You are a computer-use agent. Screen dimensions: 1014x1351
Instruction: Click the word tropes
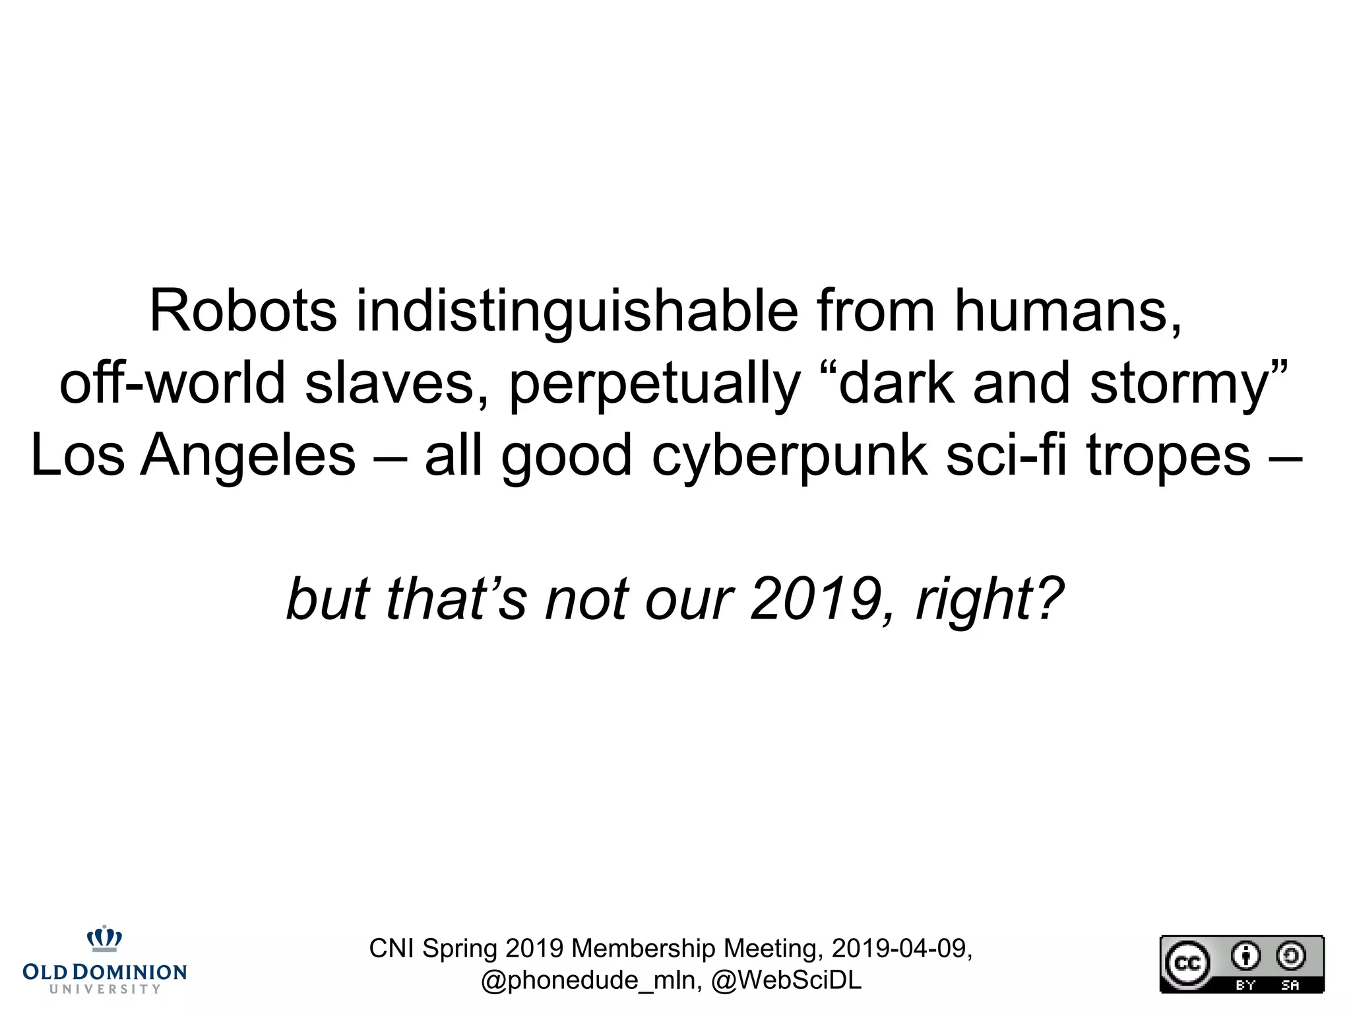[x=1168, y=457]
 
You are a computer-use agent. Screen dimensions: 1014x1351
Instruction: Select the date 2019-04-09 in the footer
[x=901, y=949]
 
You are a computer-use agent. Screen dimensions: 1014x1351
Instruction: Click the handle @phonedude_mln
[x=591, y=980]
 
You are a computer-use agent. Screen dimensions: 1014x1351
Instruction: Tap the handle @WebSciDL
[x=786, y=980]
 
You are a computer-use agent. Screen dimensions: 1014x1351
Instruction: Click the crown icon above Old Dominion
[x=105, y=939]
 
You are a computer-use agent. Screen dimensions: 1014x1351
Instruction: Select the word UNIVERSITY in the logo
[x=105, y=989]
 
